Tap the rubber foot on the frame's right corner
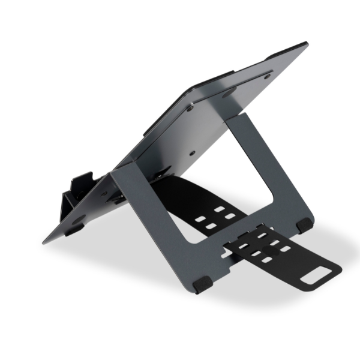pyautogui.click(x=304, y=225)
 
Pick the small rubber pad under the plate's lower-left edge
pyautogui.click(x=74, y=229)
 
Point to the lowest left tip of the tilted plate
pyautogui.click(x=44, y=242)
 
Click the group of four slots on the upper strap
pyautogui.click(x=214, y=218)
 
